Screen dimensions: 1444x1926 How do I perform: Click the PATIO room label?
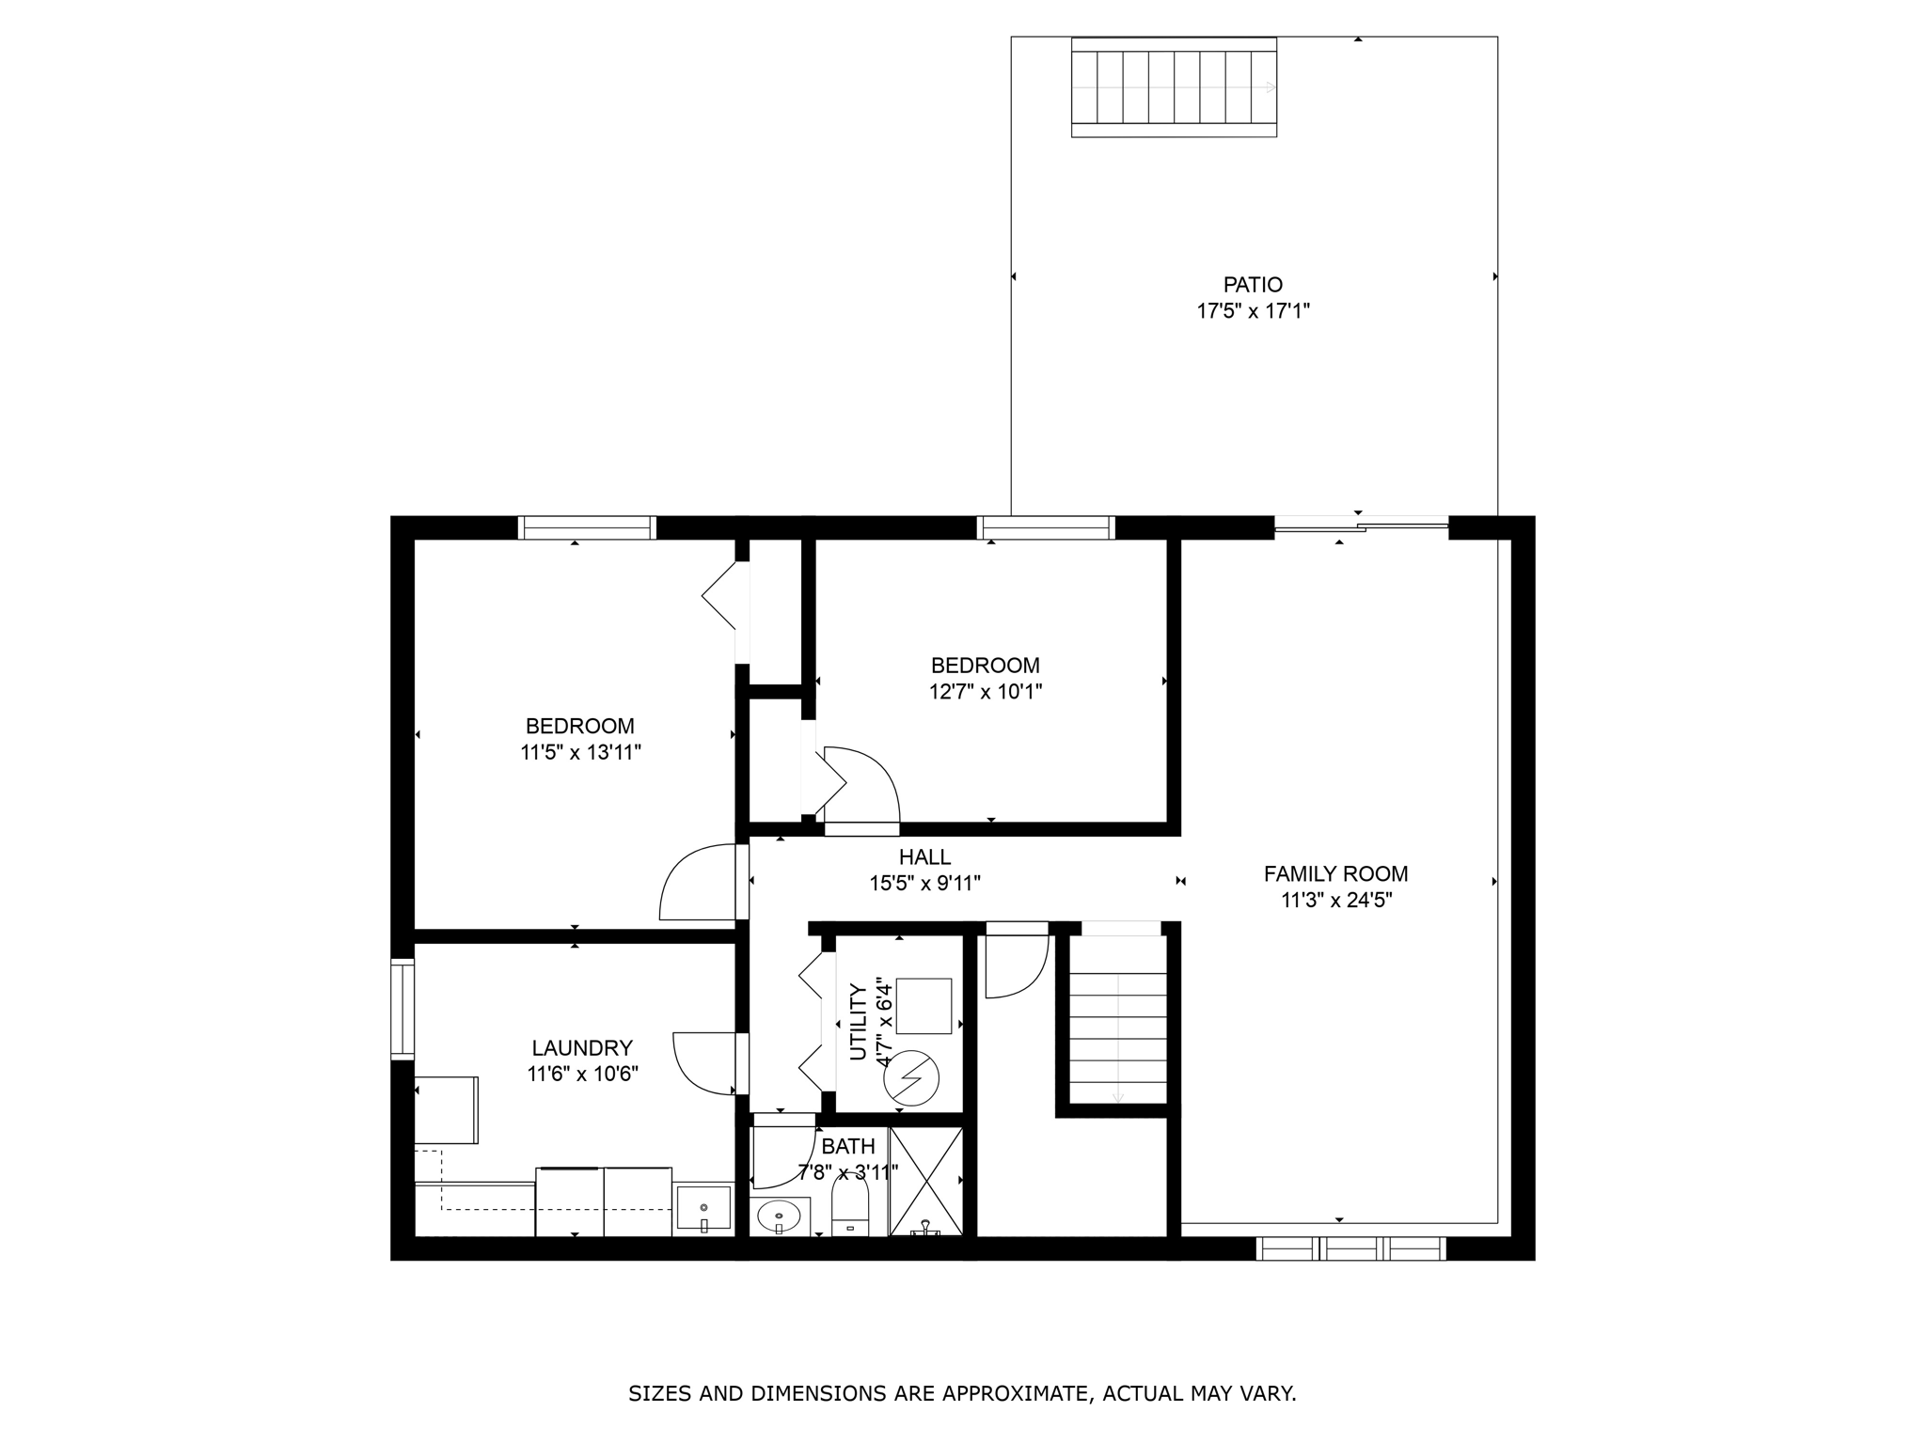pyautogui.click(x=1253, y=285)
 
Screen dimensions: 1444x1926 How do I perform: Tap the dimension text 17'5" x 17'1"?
pyautogui.click(x=1253, y=311)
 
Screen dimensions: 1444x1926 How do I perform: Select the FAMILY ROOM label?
pyautogui.click(x=1335, y=874)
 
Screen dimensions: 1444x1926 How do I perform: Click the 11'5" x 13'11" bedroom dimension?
pyautogui.click(x=580, y=752)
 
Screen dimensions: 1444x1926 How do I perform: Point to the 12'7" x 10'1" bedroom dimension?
pyautogui.click(x=985, y=692)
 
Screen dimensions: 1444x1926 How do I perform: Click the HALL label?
pyautogui.click(x=924, y=857)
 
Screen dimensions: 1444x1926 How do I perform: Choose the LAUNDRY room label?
pyautogui.click(x=582, y=1048)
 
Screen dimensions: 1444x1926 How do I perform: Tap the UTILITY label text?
pyautogui.click(x=858, y=1022)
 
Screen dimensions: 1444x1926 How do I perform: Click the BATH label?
pyautogui.click(x=847, y=1147)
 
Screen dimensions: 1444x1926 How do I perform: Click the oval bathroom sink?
pyautogui.click(x=779, y=1216)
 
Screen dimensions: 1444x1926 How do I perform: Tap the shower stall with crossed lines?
pyautogui.click(x=926, y=1182)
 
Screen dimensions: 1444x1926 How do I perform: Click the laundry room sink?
pyautogui.click(x=703, y=1208)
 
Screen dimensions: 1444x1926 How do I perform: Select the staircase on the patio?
pyautogui.click(x=1174, y=87)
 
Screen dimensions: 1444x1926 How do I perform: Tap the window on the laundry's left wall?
pyautogui.click(x=403, y=1009)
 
